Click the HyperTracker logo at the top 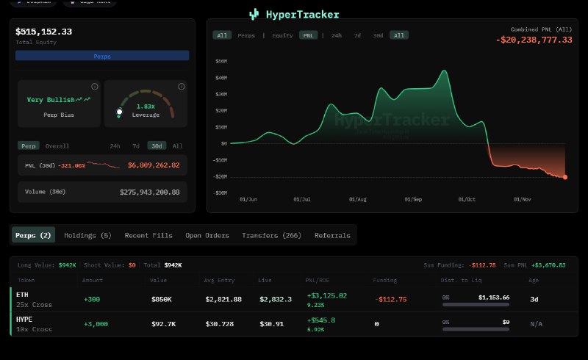(x=294, y=14)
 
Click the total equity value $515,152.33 (x=44, y=32)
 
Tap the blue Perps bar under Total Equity (x=102, y=56)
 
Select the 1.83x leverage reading (x=145, y=107)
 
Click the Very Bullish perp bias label (x=51, y=99)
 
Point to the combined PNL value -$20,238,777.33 (x=534, y=40)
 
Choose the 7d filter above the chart (x=357, y=35)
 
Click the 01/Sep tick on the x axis (x=412, y=198)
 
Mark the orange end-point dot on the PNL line (x=565, y=177)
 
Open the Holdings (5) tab (x=87, y=235)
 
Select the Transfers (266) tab (x=271, y=235)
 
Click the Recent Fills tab (x=148, y=235)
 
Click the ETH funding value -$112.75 (x=390, y=299)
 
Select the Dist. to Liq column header (x=462, y=280)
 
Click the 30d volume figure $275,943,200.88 (x=150, y=192)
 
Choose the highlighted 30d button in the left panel (x=155, y=145)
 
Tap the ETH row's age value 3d (x=534, y=299)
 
